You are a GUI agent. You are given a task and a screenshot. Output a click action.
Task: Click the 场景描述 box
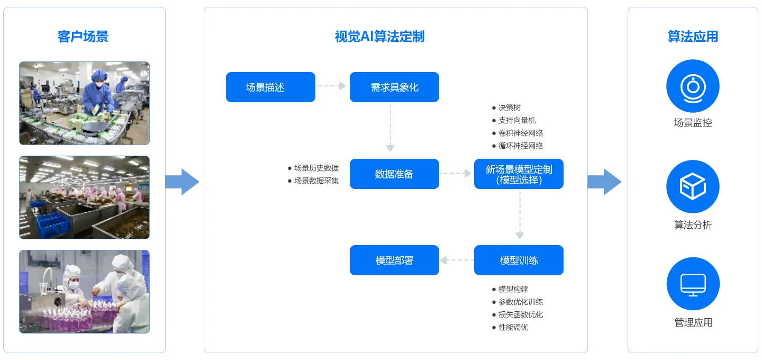click(x=270, y=87)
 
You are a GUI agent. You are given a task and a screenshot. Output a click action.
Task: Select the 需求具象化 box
click(x=394, y=87)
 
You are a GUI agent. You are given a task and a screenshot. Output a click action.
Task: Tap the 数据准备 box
click(x=394, y=174)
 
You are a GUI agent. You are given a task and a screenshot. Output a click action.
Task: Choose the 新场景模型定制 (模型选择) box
click(x=519, y=174)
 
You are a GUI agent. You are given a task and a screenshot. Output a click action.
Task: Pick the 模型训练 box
click(x=519, y=260)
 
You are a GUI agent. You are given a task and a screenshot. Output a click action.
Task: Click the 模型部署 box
click(x=394, y=260)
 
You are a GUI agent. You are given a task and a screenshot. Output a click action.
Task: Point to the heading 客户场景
click(x=83, y=37)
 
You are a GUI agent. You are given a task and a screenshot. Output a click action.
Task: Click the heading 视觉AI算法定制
click(x=379, y=37)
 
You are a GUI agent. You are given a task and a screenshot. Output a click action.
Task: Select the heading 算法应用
click(x=693, y=37)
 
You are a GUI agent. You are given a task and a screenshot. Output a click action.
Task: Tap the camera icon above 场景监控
click(x=693, y=86)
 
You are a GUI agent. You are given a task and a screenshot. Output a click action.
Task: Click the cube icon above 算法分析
click(x=693, y=186)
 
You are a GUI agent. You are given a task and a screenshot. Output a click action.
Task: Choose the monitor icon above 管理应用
click(x=693, y=284)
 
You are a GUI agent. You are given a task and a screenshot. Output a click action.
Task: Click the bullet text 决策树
click(x=510, y=107)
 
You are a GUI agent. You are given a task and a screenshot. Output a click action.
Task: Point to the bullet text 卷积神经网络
click(x=521, y=133)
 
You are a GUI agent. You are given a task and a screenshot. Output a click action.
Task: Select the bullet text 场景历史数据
click(x=316, y=168)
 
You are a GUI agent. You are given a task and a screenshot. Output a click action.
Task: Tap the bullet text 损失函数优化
click(x=521, y=315)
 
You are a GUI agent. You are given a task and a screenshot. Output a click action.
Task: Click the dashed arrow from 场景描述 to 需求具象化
click(x=331, y=86)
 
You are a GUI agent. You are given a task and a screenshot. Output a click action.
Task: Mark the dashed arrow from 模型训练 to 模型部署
click(x=457, y=260)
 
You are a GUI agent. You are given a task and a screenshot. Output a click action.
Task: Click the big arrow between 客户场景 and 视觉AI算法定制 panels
click(x=183, y=182)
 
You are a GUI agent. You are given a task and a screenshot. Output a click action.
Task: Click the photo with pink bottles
click(x=84, y=292)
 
